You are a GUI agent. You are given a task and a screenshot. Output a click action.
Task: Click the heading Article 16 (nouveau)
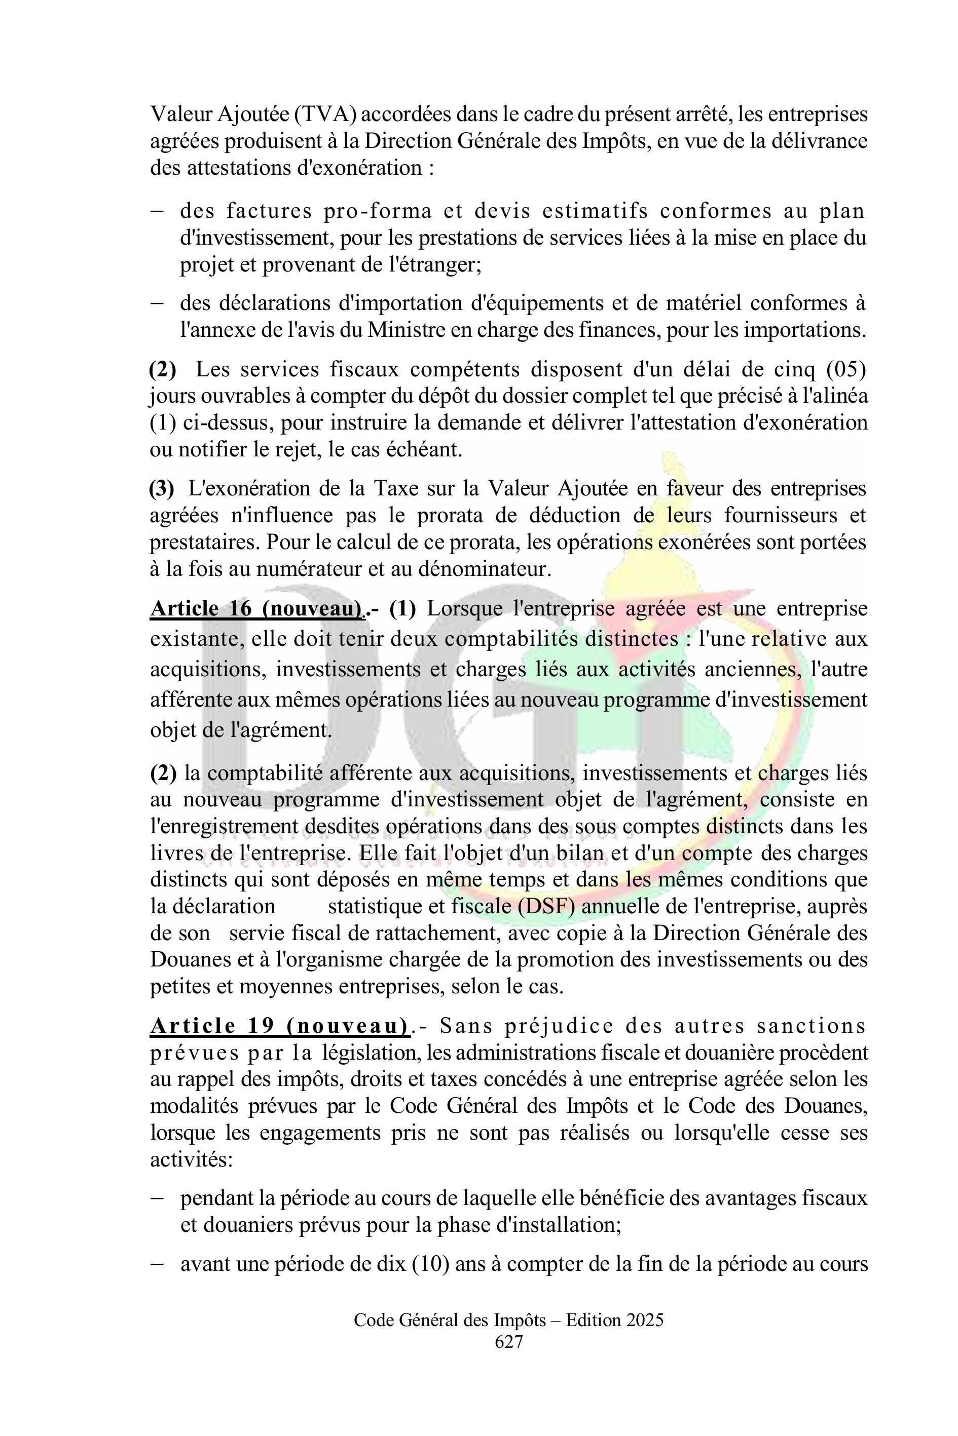click(256, 609)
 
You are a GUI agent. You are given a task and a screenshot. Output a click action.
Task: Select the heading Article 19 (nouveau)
click(280, 1026)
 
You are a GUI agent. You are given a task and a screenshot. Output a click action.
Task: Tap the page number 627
click(508, 1341)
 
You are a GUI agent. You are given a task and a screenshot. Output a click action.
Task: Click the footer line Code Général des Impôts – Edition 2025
click(508, 1320)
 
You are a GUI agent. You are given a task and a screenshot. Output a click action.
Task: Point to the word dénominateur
click(485, 569)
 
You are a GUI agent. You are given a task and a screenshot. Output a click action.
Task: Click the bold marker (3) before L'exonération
click(162, 488)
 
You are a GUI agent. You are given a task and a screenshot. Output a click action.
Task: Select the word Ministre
click(405, 330)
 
